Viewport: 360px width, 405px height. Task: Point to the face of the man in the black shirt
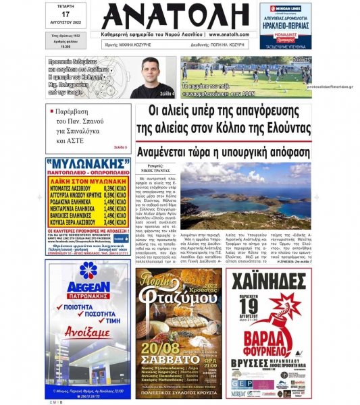point(157,70)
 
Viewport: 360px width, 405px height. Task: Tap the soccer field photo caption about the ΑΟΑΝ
point(220,90)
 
